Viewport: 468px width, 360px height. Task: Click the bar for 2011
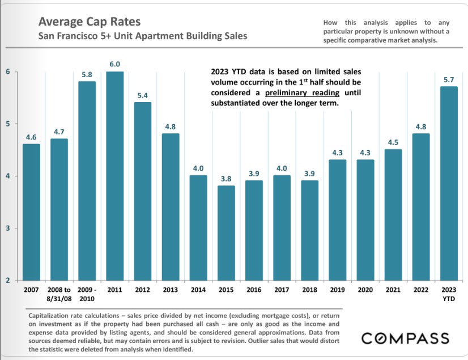(x=115, y=176)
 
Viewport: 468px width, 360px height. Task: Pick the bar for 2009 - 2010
(x=87, y=181)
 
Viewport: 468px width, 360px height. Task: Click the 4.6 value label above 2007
(x=31, y=137)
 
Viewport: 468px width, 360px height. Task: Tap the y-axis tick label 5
(x=8, y=124)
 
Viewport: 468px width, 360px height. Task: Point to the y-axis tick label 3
(x=8, y=228)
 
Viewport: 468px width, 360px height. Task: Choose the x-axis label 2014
(x=198, y=289)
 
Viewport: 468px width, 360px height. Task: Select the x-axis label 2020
(x=365, y=289)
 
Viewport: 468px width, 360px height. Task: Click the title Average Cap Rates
(x=89, y=23)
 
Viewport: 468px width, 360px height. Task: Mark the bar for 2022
(x=420, y=207)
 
